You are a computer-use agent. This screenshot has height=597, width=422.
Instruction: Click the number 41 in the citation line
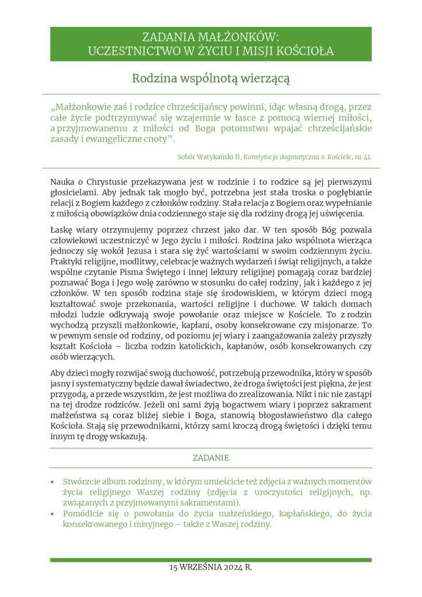point(367,157)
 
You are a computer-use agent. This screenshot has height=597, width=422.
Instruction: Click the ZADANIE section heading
point(211,458)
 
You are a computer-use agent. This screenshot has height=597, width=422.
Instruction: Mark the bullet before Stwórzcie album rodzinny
point(53,483)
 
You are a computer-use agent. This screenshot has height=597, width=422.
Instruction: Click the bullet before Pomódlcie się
point(53,514)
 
